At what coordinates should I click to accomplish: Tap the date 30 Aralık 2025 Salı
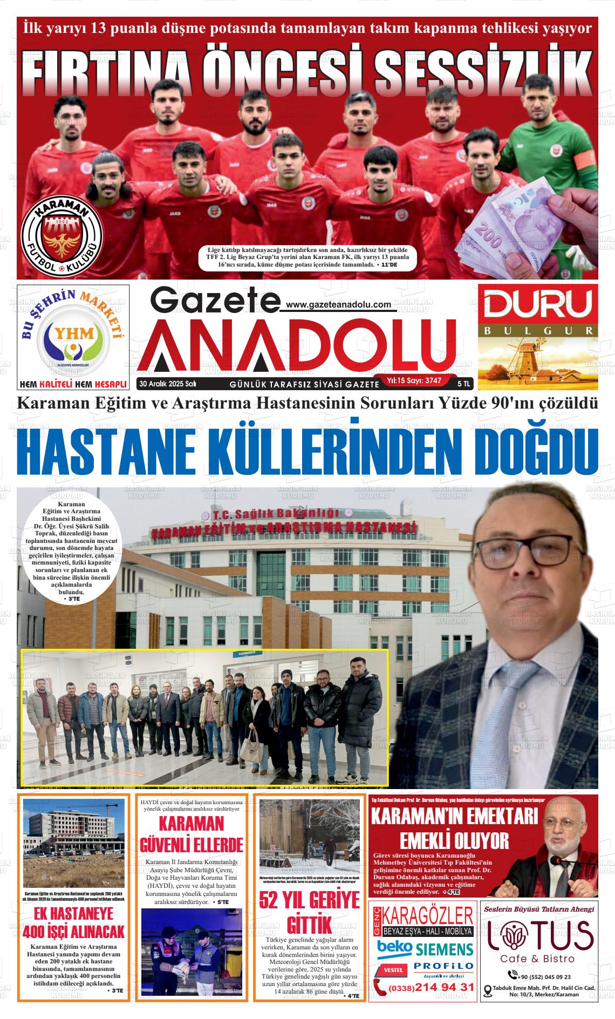pyautogui.click(x=167, y=384)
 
